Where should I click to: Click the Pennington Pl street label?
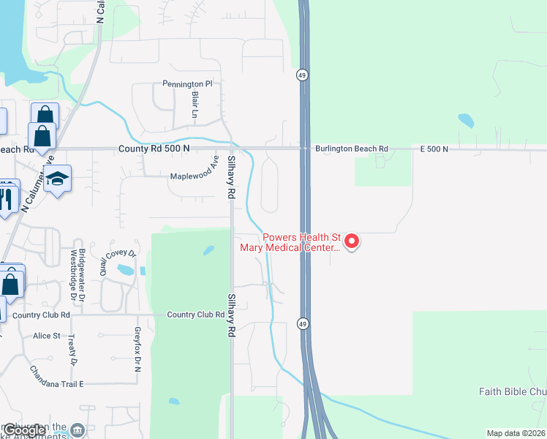tap(186, 84)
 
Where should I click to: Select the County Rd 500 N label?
tap(154, 149)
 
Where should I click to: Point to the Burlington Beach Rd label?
tap(352, 149)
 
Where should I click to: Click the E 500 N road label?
tap(434, 149)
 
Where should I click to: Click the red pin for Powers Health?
tap(352, 241)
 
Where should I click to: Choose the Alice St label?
tap(46, 336)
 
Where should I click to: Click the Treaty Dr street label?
tap(72, 350)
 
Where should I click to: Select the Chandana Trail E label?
tap(58, 383)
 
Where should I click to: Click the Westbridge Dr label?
tap(72, 276)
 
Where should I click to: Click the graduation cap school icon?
tap(57, 179)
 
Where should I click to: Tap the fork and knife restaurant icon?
tap(7, 198)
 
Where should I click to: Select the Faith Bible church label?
tap(512, 391)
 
